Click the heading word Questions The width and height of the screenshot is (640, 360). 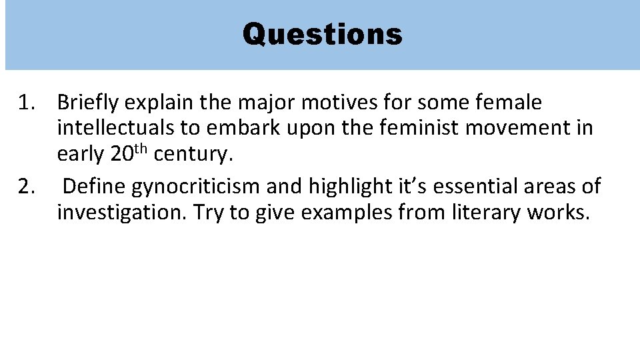pyautogui.click(x=322, y=34)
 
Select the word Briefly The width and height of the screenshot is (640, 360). pyautogui.click(x=87, y=103)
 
